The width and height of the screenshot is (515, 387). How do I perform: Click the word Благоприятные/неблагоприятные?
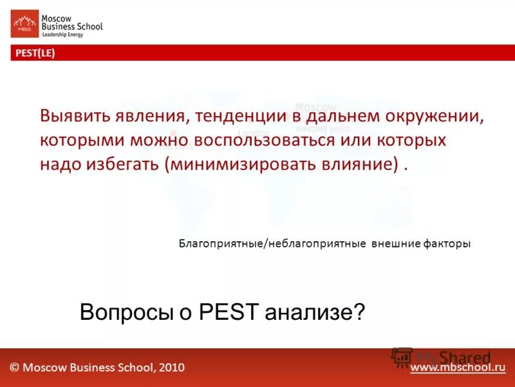click(272, 244)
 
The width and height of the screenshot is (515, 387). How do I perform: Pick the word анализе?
click(313, 313)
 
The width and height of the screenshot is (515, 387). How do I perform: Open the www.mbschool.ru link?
click(458, 367)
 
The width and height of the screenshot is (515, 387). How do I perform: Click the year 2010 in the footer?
click(171, 367)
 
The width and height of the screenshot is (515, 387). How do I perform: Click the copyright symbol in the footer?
click(14, 367)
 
